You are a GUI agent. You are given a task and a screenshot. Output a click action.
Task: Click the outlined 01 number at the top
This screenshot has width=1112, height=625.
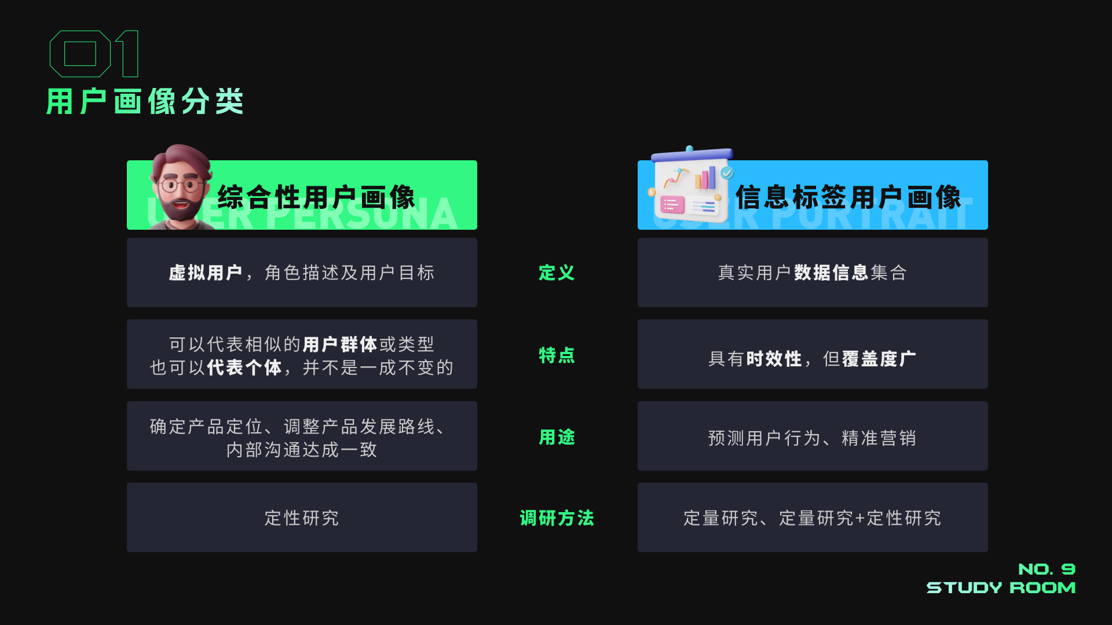(94, 54)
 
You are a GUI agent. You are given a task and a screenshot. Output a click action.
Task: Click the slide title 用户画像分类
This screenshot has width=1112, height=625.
(145, 102)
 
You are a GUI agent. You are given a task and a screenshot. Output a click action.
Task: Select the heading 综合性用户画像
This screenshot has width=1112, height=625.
(316, 197)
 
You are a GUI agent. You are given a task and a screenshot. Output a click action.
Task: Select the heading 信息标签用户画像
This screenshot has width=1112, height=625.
(848, 197)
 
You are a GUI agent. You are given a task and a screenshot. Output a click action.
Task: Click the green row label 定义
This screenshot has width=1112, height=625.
(557, 273)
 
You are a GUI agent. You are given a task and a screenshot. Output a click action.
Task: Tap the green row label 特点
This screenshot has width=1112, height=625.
(557, 355)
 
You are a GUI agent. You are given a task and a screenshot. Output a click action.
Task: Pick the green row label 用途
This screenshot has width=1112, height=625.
(557, 437)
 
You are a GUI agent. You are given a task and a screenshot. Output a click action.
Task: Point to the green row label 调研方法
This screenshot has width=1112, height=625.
(557, 518)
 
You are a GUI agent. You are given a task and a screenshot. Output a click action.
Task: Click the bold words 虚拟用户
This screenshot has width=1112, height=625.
(205, 273)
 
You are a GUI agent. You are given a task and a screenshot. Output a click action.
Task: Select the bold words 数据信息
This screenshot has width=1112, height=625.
(831, 273)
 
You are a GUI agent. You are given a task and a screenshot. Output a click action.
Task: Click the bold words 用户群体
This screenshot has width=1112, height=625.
(339, 344)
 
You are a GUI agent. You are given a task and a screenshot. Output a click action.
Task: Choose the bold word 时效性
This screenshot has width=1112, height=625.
(774, 359)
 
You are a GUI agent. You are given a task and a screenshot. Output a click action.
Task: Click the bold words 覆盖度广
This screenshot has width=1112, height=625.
(879, 359)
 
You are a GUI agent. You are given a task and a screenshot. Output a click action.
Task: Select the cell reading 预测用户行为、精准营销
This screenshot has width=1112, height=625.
(812, 438)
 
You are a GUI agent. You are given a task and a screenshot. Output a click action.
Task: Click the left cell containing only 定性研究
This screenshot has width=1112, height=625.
(302, 518)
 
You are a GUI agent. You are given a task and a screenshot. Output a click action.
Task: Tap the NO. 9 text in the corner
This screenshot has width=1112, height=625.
(1047, 569)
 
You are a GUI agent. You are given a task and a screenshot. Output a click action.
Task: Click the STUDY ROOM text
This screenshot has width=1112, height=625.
(1001, 588)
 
